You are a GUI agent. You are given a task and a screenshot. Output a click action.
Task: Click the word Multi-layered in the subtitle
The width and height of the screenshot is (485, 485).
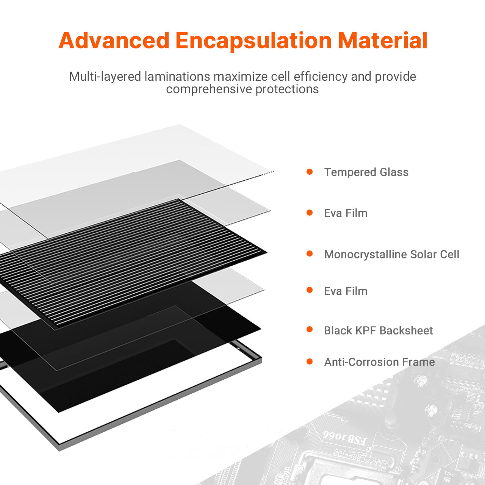pos(105,77)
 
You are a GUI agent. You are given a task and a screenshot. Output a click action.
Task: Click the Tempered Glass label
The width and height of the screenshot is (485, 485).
pos(366,172)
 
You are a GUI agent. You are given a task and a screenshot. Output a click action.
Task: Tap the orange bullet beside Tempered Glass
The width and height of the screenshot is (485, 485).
pos(310,172)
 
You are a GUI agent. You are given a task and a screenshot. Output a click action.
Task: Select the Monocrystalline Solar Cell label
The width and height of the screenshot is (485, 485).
pos(392,255)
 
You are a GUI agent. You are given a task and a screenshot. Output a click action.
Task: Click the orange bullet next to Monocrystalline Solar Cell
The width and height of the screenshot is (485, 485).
pos(310,253)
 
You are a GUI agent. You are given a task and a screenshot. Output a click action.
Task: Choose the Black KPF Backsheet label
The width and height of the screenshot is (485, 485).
pos(378,330)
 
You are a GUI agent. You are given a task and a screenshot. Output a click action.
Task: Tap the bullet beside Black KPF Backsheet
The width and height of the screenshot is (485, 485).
pos(310,329)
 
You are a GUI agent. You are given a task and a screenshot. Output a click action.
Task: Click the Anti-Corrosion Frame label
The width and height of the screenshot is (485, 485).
pos(380,362)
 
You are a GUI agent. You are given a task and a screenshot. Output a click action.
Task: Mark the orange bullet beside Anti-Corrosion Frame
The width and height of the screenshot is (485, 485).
pos(310,362)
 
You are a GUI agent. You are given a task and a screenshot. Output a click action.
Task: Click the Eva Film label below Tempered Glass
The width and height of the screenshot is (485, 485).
pos(346,213)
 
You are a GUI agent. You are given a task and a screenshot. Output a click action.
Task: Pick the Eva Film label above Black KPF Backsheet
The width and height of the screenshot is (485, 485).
pos(346,291)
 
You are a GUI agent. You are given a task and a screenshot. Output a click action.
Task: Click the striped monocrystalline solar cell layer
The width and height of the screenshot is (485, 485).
pos(131,262)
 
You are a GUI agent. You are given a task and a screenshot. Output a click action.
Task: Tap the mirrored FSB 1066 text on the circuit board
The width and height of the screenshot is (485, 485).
pos(344,438)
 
